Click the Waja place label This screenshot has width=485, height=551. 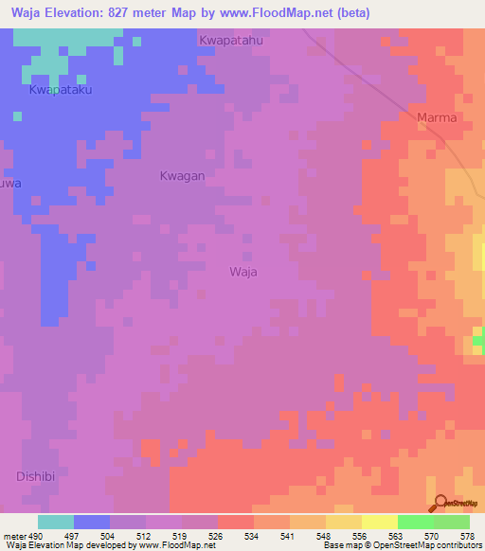tap(243, 272)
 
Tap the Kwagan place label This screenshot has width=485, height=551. tap(182, 176)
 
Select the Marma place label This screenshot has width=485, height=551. tap(437, 117)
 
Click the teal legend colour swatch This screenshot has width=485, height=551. tap(56, 522)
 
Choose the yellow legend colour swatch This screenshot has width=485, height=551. tap(379, 522)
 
